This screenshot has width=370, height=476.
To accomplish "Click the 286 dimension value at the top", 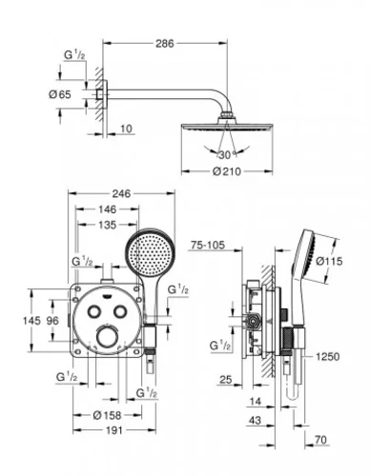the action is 165,44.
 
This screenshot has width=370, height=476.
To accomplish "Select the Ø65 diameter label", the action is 60,94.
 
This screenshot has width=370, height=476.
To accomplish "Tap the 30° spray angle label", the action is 228,155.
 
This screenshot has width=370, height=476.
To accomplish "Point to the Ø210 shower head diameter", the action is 227,171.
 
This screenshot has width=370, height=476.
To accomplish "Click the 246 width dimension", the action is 121,193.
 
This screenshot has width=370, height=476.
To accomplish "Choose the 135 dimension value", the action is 107,225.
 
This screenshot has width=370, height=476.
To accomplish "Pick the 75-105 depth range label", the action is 208,245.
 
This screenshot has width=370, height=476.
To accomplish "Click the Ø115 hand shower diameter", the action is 330,261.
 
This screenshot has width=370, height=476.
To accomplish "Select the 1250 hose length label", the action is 327,357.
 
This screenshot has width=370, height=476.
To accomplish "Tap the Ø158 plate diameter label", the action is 108,415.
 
